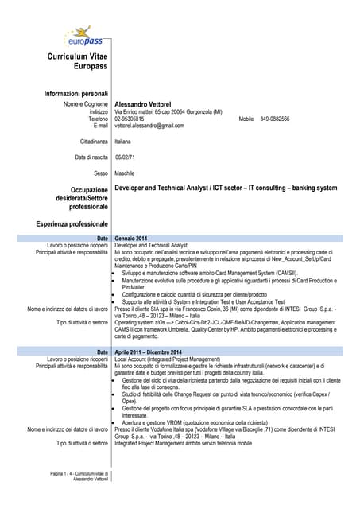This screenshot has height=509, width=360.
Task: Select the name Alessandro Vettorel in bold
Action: (x=149, y=104)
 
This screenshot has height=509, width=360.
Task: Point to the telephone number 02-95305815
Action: (x=130, y=119)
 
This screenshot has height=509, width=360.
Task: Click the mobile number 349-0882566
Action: (x=275, y=119)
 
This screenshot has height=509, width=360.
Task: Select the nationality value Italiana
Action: (x=122, y=141)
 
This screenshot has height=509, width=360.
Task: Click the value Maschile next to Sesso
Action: (x=124, y=173)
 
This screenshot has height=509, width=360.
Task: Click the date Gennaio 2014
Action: (x=130, y=239)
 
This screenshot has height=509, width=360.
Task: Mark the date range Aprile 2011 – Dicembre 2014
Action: (x=148, y=352)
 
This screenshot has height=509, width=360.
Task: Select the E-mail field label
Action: (x=100, y=126)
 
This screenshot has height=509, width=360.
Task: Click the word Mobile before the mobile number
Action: (x=246, y=119)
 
